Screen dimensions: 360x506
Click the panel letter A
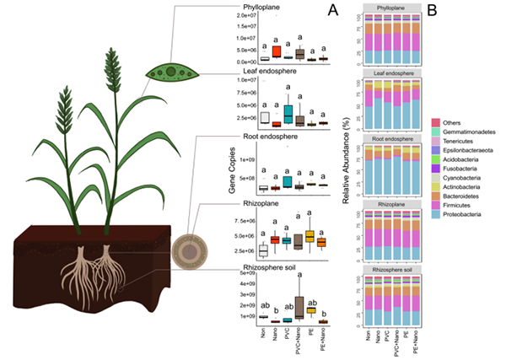click(x=333, y=11)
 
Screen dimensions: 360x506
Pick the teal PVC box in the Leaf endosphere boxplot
click(x=288, y=111)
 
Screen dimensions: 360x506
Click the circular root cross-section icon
click(x=185, y=250)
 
